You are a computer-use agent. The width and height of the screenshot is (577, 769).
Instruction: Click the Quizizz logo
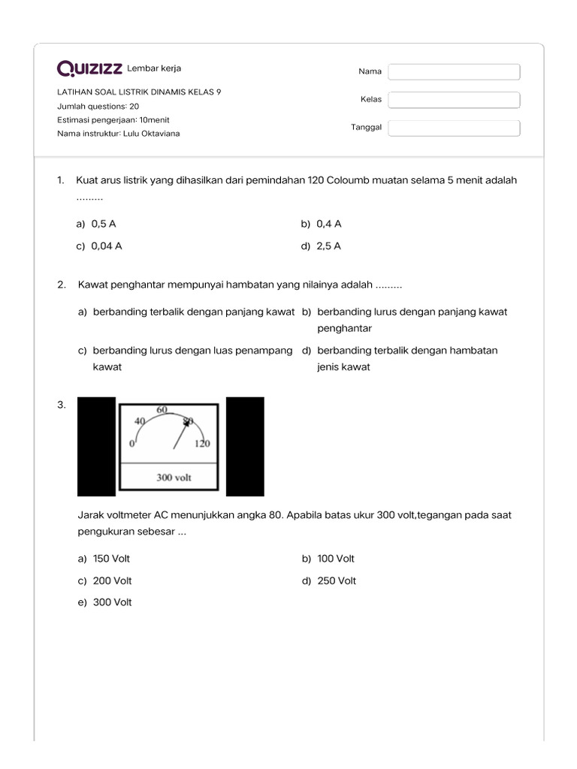89,69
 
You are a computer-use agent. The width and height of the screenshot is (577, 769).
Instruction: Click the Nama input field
454,71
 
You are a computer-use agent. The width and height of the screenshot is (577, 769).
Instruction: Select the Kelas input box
454,100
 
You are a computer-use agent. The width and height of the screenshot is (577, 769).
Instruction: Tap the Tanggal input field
454,128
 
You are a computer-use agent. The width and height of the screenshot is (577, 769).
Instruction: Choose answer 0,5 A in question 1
103,224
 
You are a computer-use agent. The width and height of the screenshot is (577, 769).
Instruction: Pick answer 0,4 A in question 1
328,224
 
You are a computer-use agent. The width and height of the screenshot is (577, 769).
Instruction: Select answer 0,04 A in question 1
106,246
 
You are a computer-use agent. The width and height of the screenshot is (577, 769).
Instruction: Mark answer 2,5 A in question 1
328,246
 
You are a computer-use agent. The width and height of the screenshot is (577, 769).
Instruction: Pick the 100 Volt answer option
335,559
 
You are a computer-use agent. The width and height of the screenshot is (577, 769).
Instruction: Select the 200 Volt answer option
112,581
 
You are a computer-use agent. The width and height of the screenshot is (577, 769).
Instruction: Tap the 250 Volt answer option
336,581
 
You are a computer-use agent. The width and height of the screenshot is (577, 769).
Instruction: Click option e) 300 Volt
112,602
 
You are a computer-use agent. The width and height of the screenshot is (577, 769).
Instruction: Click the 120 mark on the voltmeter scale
202,444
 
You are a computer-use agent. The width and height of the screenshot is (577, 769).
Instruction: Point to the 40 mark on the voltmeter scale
139,421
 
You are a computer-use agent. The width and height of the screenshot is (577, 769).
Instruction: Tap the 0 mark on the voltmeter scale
131,444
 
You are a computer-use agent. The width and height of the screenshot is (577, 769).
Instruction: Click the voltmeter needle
180,436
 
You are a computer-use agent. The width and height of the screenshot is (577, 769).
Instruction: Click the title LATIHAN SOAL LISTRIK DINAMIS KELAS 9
139,92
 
